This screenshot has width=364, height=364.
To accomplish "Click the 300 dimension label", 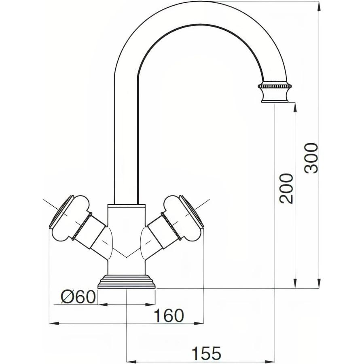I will pos(312,158).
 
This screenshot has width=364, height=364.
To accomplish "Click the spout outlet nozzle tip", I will pos(275,97).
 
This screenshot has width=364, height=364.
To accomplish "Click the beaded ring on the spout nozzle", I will pos(275,86).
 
